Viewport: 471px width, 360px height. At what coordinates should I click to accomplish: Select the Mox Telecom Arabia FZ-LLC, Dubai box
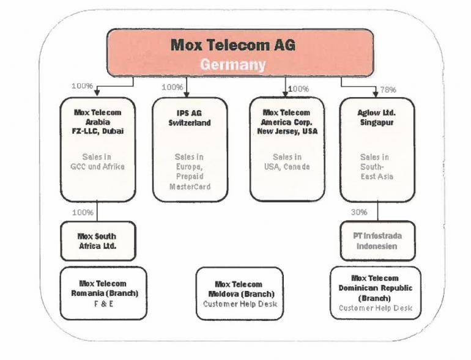pyautogui.click(x=97, y=149)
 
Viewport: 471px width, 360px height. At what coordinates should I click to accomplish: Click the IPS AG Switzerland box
pyautogui.click(x=190, y=149)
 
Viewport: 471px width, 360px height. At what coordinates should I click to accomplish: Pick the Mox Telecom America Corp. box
pyautogui.click(x=287, y=149)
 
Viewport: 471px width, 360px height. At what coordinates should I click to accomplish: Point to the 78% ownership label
pyautogui.click(x=388, y=90)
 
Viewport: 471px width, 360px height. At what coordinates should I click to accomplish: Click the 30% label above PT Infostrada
pyautogui.click(x=359, y=212)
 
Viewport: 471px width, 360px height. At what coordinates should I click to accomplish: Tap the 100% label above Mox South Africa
pyautogui.click(x=83, y=212)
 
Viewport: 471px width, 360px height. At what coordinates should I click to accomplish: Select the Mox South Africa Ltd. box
pyautogui.click(x=97, y=241)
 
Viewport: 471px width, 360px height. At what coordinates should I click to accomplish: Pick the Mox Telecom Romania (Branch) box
pyautogui.click(x=103, y=293)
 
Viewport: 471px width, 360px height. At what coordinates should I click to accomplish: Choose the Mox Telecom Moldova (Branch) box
pyautogui.click(x=239, y=293)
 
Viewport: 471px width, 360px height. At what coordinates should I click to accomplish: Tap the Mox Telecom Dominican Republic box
pyautogui.click(x=375, y=292)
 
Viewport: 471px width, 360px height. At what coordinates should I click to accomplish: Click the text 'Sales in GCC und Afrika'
pyautogui.click(x=97, y=161)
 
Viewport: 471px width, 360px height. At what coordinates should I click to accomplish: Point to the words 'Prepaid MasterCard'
pyautogui.click(x=190, y=182)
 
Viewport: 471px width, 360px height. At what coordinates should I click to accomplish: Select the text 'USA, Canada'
pyautogui.click(x=287, y=167)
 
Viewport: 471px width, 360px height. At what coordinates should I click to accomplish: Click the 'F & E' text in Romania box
pyautogui.click(x=103, y=304)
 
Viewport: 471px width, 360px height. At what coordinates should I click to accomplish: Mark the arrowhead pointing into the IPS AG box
pyautogui.click(x=187, y=94)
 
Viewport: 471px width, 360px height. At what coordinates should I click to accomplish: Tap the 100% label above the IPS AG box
pyautogui.click(x=172, y=87)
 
